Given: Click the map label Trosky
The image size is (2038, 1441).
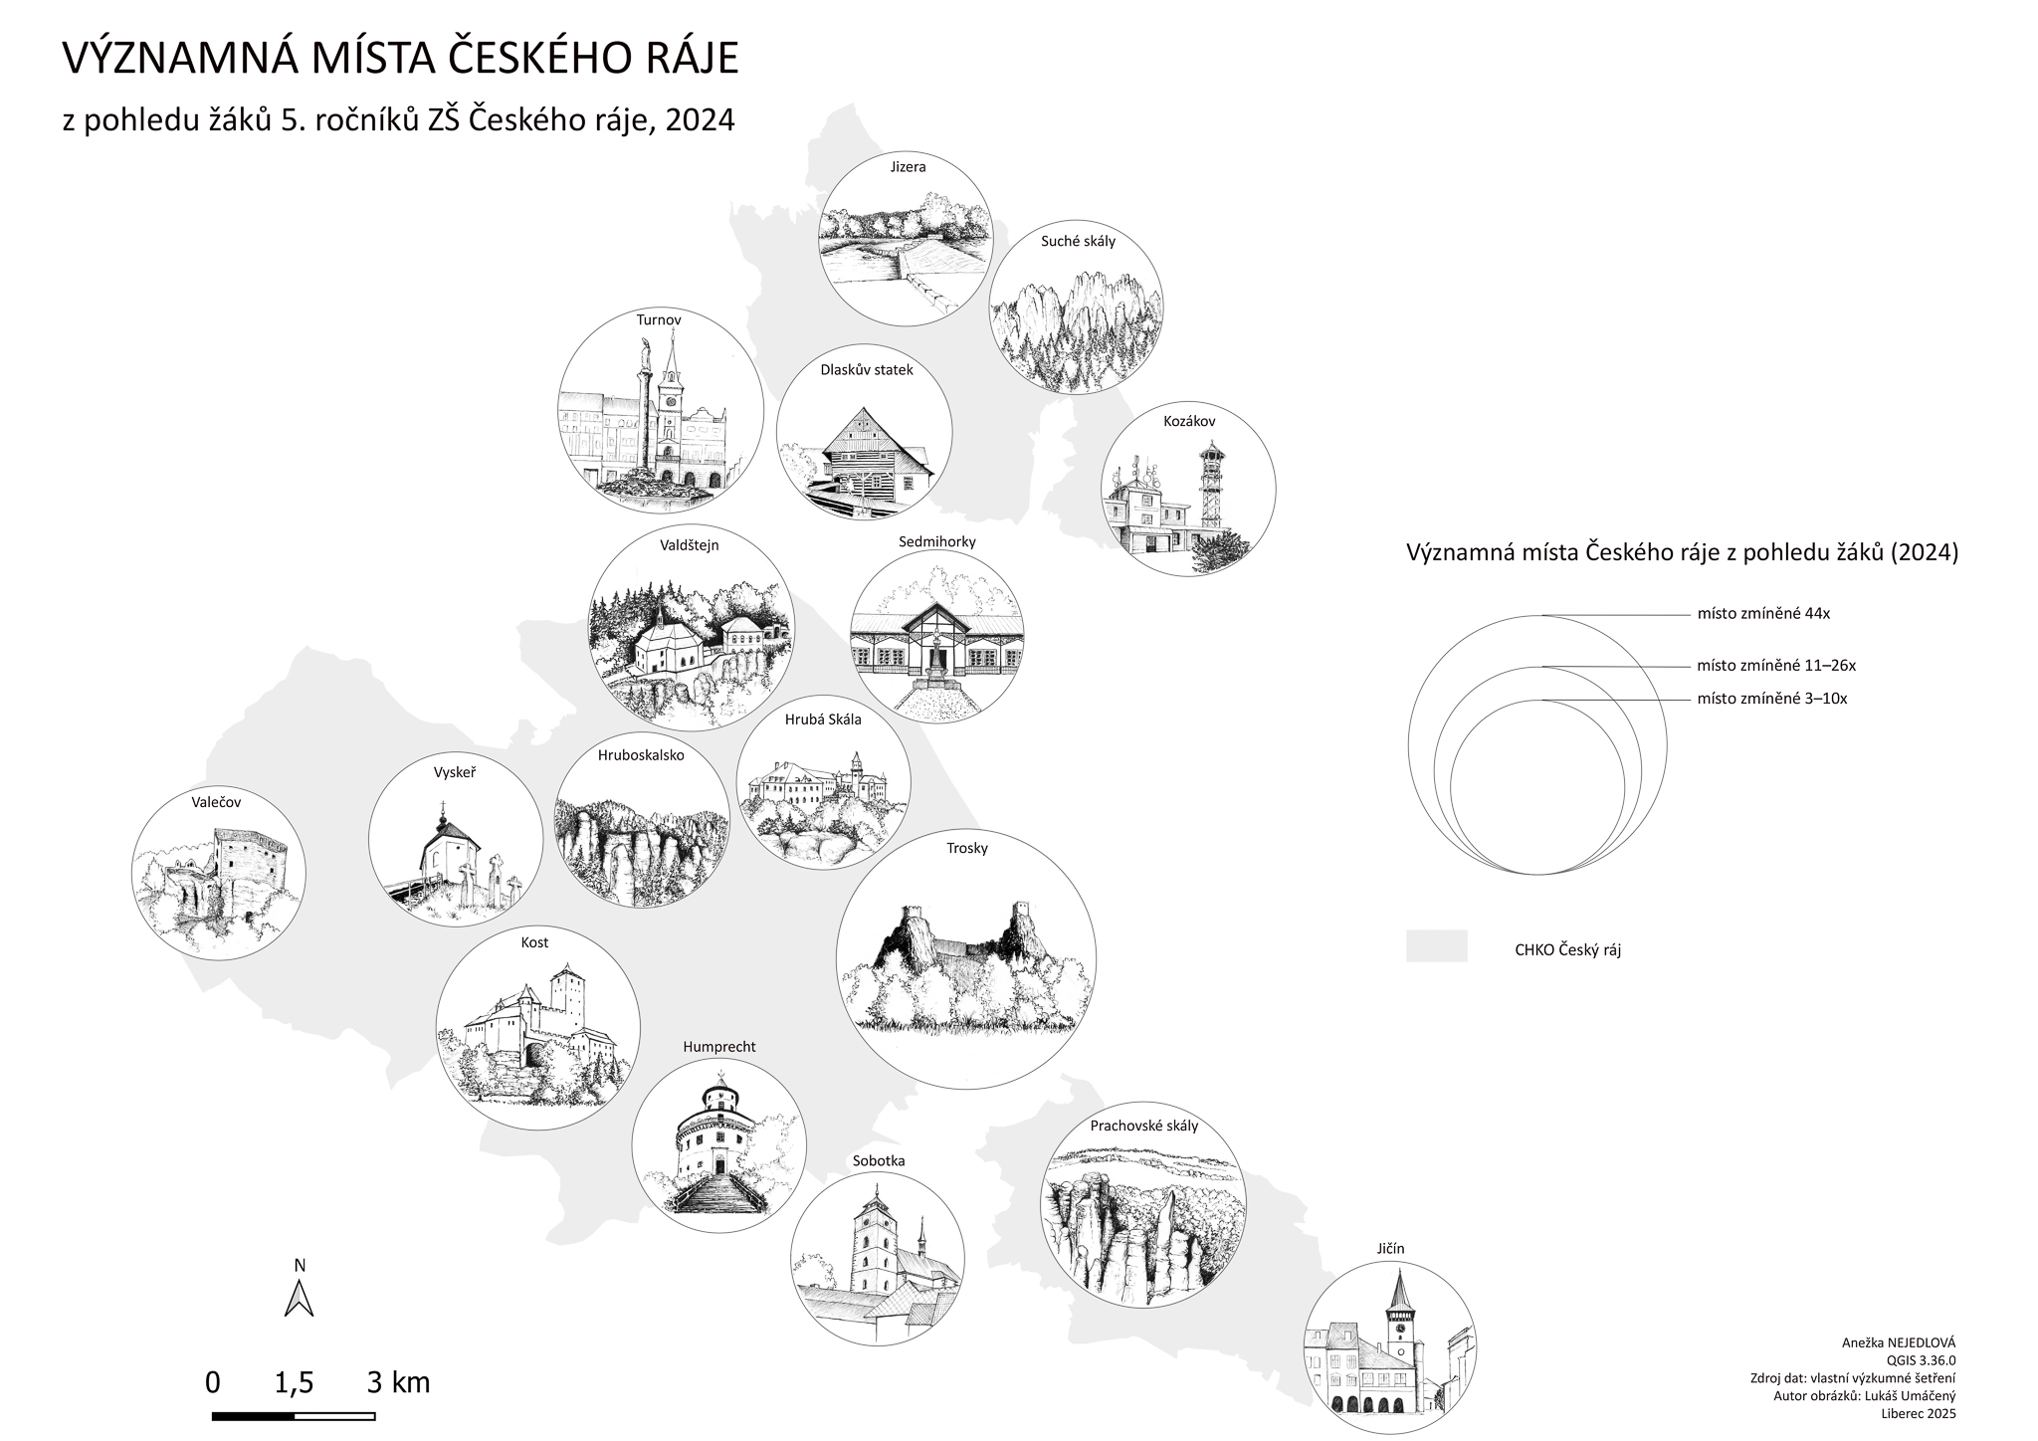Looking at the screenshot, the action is click(967, 848).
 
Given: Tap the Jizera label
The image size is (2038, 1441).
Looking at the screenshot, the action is click(908, 167).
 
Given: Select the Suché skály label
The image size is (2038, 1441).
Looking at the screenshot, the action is click(1078, 241).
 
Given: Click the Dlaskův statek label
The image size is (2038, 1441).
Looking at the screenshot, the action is click(867, 370).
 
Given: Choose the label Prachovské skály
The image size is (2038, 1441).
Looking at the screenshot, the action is click(1144, 1127).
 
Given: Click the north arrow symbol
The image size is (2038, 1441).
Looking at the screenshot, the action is click(300, 1297).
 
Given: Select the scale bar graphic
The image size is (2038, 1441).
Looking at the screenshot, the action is click(294, 1415).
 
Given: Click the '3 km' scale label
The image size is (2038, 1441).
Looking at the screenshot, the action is click(398, 1382).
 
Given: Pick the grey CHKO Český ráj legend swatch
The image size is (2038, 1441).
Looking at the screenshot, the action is click(1436, 946).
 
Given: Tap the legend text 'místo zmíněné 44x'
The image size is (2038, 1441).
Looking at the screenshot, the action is click(1763, 614).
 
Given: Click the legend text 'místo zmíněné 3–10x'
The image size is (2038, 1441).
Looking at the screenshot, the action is click(1772, 699).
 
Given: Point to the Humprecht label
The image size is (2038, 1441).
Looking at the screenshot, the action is click(719, 1047).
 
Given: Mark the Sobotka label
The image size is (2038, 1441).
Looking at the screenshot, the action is click(879, 1160).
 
